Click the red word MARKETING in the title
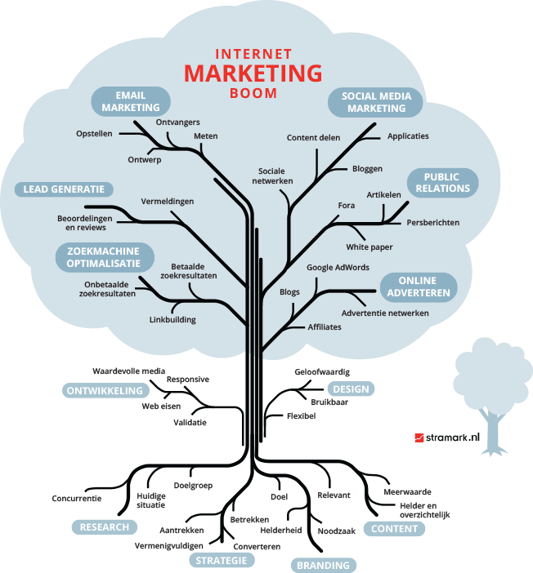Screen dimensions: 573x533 click(253, 73)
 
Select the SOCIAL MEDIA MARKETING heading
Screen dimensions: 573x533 click(376, 102)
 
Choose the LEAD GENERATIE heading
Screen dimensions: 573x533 click(63, 189)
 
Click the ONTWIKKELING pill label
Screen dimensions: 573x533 click(105, 391)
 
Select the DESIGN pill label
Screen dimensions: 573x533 click(351, 389)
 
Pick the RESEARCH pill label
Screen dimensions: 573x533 click(104, 527)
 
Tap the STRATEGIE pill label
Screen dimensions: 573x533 click(222, 560)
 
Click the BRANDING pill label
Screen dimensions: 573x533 click(323, 565)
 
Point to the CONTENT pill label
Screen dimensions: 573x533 click(395, 528)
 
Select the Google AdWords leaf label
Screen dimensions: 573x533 click(338, 267)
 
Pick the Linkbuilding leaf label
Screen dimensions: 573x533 click(172, 320)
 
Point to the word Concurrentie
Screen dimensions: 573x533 click(76, 498)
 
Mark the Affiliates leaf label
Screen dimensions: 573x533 click(325, 326)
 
